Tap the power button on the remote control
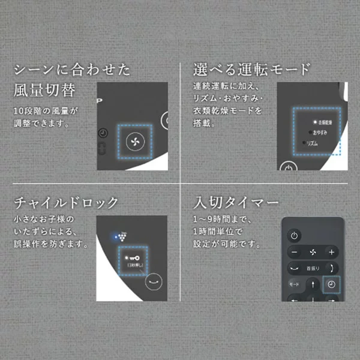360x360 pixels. (294, 236)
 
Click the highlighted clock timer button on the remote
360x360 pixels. (331, 284)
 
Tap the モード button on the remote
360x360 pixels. (294, 284)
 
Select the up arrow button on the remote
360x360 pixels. (313, 284)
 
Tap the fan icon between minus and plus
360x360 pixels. (313, 251)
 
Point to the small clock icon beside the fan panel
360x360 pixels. (103, 133)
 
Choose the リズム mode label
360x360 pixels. (312, 144)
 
